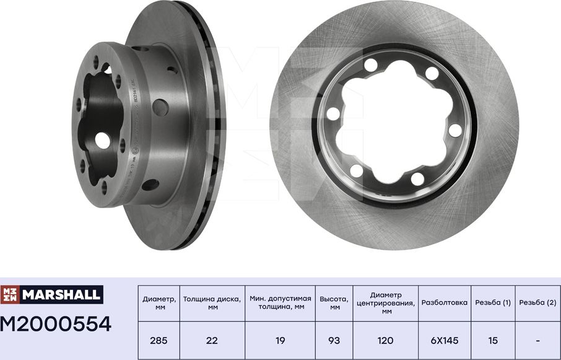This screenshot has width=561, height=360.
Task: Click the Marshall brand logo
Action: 51,295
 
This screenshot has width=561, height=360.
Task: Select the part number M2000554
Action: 56,323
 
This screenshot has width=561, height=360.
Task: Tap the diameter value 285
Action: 159,340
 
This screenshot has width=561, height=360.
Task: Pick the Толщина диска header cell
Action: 212,303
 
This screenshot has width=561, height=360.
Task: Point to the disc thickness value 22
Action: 212,340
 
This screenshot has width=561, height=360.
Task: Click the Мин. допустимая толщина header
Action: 280,303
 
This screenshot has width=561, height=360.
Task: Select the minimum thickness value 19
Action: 280,340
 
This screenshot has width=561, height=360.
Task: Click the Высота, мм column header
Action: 334,303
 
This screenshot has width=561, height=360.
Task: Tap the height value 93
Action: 334,340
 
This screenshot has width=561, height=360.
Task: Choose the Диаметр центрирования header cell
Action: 386,303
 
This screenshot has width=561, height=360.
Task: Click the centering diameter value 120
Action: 386,340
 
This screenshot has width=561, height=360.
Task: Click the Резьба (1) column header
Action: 493,303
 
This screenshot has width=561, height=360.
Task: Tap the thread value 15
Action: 493,340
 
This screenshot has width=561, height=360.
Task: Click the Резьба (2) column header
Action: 537,303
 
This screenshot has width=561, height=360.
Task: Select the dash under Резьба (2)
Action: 537,340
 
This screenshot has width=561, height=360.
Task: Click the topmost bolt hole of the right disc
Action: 371,64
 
